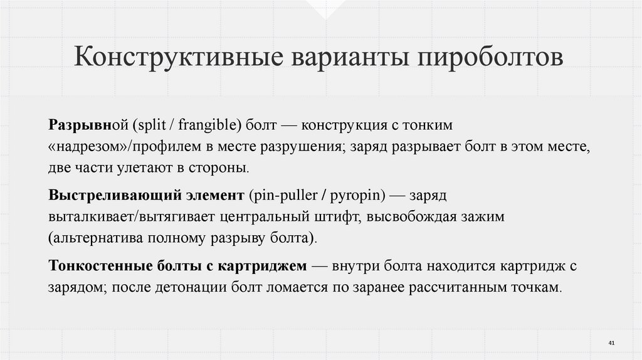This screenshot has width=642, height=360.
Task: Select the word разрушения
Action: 305,147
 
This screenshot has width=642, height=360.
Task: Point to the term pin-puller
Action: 282,196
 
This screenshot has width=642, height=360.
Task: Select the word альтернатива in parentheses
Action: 91,238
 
